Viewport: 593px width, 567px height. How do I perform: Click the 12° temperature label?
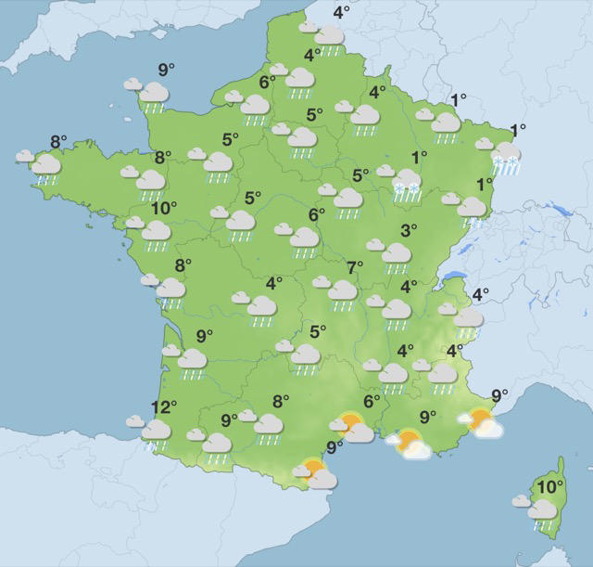pos(164,407)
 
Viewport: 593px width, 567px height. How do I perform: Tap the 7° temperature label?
pos(355,268)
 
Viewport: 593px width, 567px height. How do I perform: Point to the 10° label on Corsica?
pos(550,486)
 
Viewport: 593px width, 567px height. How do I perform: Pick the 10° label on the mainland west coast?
pos(164,208)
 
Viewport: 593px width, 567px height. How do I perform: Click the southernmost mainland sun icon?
pos(316,475)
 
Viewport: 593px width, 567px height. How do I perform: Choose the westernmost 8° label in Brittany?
pos(58,142)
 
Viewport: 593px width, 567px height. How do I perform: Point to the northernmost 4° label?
pos(342,12)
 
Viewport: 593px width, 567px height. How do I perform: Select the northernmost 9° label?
pos(165,70)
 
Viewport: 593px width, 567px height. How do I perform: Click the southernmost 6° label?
pos(372,402)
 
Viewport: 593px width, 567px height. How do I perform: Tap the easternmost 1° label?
pos(517,130)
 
